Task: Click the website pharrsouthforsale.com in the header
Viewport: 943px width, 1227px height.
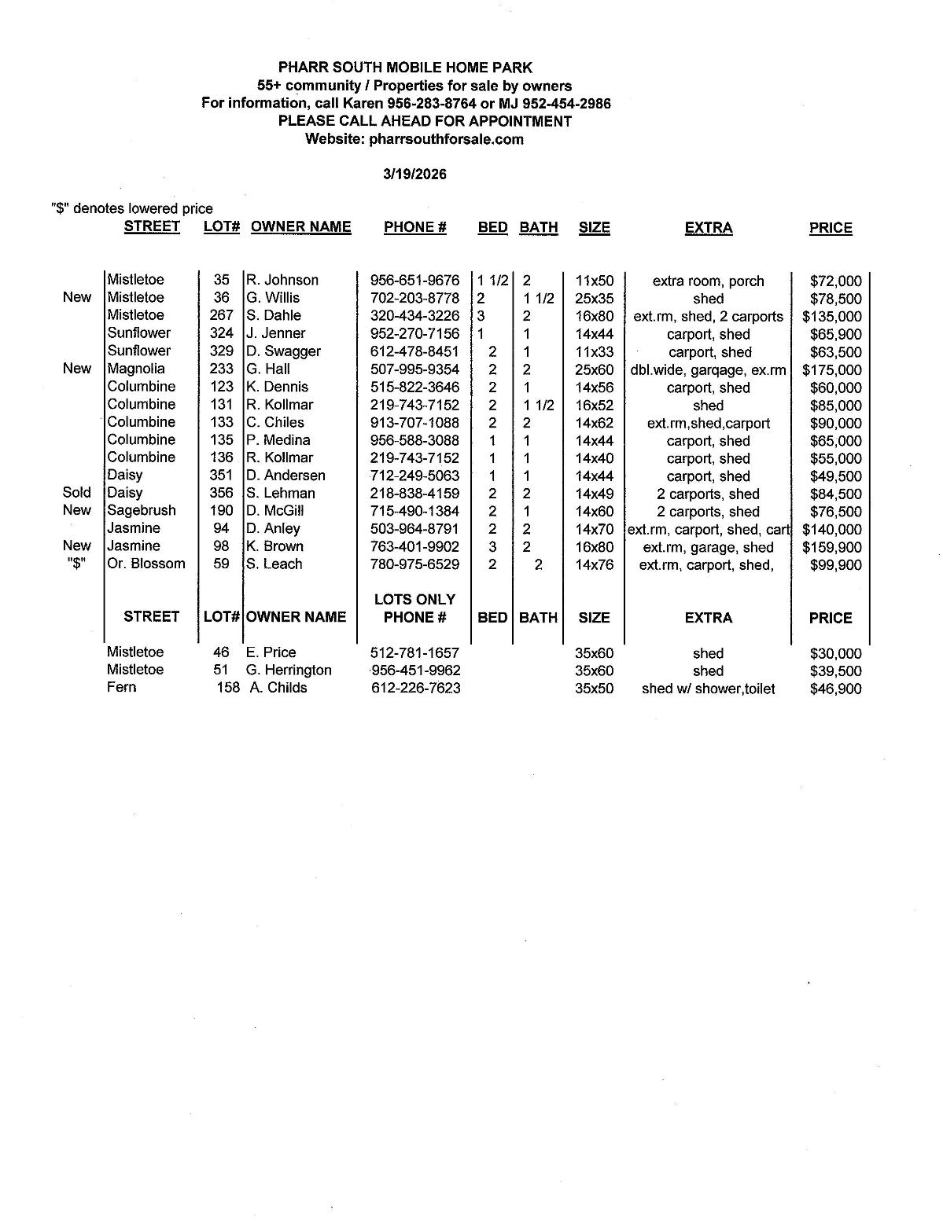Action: click(446, 139)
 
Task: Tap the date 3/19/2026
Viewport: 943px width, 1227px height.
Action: click(414, 174)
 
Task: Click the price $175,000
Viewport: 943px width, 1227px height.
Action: click(831, 370)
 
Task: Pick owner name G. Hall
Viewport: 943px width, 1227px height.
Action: click(268, 369)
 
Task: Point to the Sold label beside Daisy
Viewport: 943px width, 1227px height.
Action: click(76, 493)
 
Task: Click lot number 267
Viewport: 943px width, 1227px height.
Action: click(221, 315)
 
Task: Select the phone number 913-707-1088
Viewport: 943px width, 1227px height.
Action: click(414, 423)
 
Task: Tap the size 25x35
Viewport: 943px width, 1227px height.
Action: click(594, 299)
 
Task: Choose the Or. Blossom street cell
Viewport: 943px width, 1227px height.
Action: click(146, 564)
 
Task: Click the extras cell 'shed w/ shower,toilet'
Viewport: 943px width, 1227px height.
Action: click(708, 689)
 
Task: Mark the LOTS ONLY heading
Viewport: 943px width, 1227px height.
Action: click(414, 600)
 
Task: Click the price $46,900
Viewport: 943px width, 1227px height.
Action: click(835, 689)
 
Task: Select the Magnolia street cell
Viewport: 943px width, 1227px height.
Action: click(136, 369)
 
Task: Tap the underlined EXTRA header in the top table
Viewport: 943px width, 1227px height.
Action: click(708, 228)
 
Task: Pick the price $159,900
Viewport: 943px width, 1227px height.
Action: click(831, 548)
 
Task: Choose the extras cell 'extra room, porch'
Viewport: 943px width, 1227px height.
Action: click(708, 281)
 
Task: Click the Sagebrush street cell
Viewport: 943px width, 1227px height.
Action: click(142, 510)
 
